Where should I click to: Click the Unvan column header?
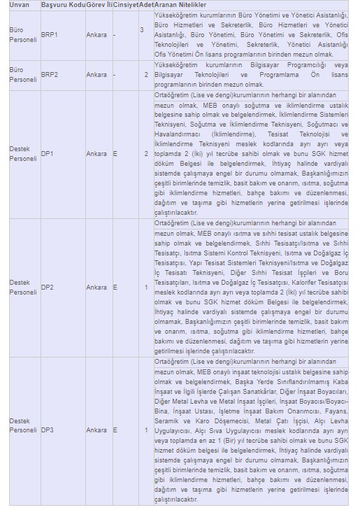click(20, 5)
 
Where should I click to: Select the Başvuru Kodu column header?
click(62, 5)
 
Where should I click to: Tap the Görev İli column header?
click(99, 5)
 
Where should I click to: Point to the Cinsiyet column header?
click(125, 5)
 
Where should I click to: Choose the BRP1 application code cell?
click(50, 34)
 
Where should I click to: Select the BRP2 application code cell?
click(50, 75)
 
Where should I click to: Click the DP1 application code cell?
click(48, 154)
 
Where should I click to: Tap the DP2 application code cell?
click(48, 288)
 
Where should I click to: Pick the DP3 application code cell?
click(48, 430)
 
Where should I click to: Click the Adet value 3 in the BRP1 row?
click(142, 30)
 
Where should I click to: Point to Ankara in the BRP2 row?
click(96, 75)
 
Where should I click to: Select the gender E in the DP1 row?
click(115, 154)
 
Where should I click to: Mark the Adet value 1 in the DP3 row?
click(146, 430)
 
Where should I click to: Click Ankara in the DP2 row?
click(96, 288)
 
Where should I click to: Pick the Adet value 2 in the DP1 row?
click(146, 154)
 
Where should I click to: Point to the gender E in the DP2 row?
click(115, 288)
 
